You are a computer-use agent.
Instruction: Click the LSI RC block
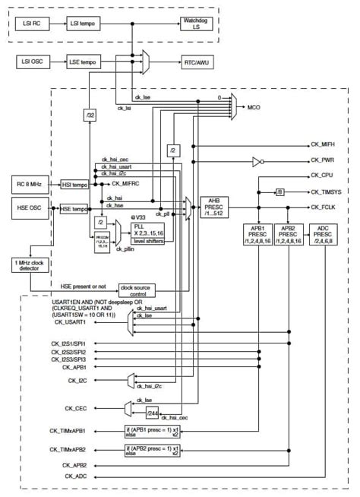point(34,24)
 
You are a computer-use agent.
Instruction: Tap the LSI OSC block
point(34,61)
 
